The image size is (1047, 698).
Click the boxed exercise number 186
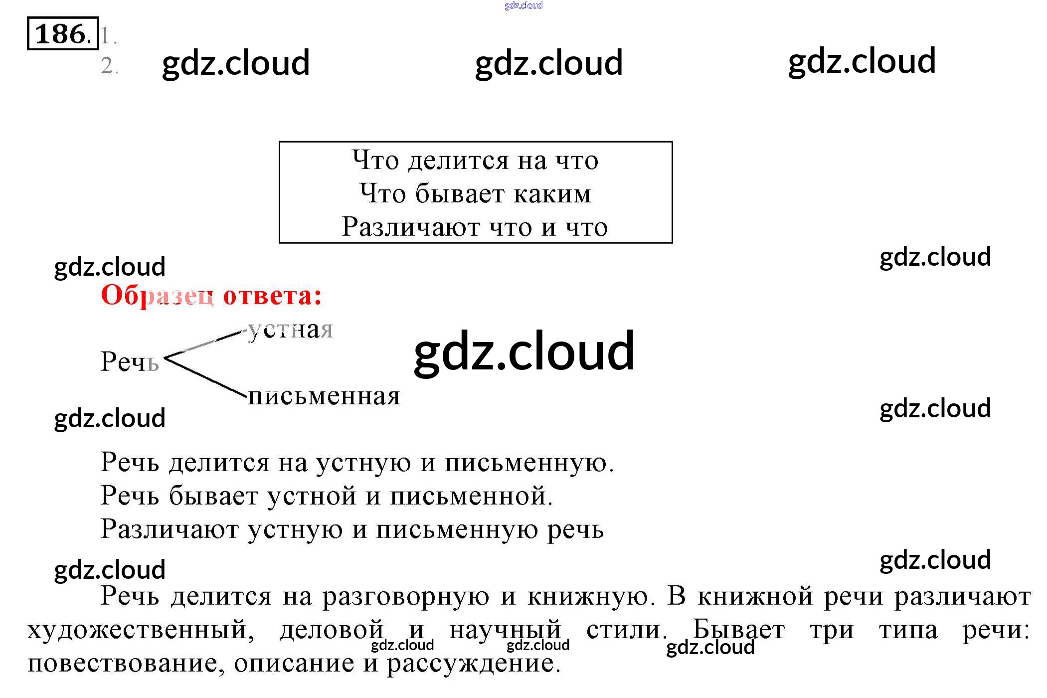click(63, 34)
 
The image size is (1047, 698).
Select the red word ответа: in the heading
click(272, 295)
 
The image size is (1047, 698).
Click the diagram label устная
click(291, 330)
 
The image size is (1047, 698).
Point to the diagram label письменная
click(324, 397)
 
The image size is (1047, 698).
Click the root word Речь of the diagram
click(130, 361)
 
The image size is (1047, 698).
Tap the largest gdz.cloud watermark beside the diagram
click(524, 352)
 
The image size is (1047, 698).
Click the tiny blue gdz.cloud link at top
click(523, 5)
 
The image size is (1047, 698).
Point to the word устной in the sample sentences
click(312, 496)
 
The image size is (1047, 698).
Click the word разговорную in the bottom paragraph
click(406, 597)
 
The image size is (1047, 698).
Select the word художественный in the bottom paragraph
click(141, 630)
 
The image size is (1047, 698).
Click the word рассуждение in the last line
click(474, 664)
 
